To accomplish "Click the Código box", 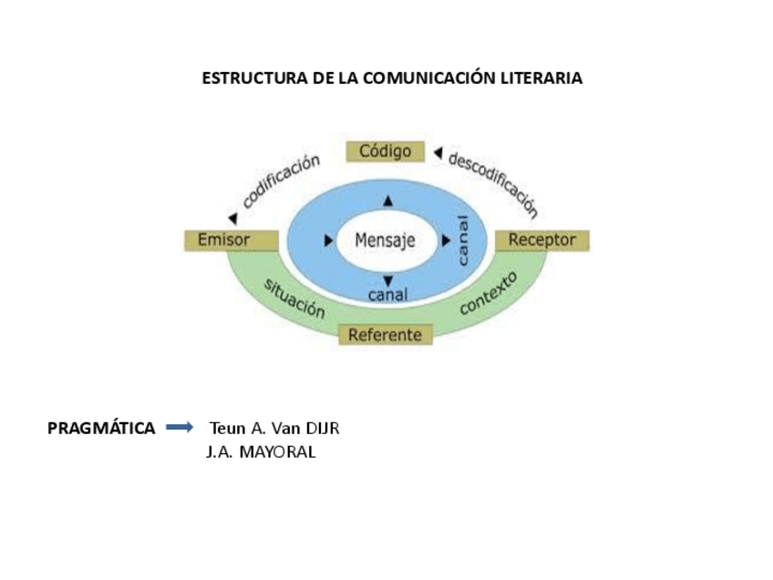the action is pos(385,151).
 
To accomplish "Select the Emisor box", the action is pos(231,241).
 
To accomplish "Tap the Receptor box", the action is pos(541,241).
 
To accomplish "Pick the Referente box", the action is pos(385,335).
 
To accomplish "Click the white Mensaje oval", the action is pos(385,241).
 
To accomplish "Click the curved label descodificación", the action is pos(493,183).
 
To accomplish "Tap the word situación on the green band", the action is pos(294,297).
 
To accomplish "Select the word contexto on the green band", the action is pos(488,292).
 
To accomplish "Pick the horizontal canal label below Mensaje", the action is pos(387,295).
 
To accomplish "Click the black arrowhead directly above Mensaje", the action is pos(388,201).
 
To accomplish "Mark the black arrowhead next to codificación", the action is pos(233,218).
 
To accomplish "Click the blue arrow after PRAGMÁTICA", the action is pos(180,427).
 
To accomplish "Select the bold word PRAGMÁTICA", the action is pos(101,428).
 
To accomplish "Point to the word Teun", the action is pos(228,428).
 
